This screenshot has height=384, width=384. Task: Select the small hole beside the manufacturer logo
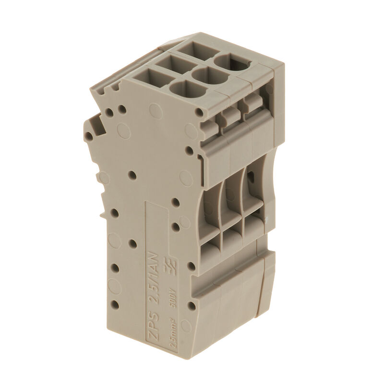coord(192,265)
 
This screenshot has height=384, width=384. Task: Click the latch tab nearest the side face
coord(210,126)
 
